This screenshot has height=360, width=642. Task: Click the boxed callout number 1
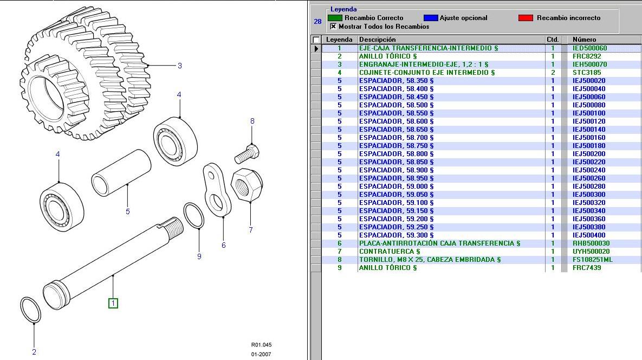click(x=113, y=303)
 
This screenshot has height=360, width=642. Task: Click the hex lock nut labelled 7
click(x=247, y=185)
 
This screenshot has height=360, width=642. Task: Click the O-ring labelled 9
click(x=193, y=216)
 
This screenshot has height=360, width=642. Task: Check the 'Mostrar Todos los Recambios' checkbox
click(x=333, y=27)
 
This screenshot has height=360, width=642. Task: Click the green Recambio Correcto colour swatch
click(x=335, y=18)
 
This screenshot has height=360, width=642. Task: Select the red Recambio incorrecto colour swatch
click(x=526, y=18)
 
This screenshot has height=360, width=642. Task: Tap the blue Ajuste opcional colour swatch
click(x=430, y=18)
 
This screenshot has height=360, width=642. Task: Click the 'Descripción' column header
click(x=377, y=40)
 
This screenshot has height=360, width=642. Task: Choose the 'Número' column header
click(x=584, y=40)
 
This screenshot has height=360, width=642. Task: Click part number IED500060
click(x=589, y=48)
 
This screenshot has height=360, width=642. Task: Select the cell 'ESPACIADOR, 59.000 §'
click(x=396, y=187)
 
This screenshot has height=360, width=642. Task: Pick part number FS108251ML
click(x=592, y=260)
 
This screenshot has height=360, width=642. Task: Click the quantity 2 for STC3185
click(x=553, y=73)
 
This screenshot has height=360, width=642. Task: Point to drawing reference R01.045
click(x=261, y=345)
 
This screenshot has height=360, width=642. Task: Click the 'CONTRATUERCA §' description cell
click(x=389, y=252)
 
